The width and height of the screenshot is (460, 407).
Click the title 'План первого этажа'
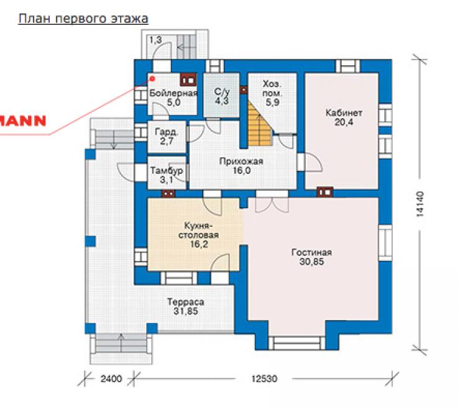83,19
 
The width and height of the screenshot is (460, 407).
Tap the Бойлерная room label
173,94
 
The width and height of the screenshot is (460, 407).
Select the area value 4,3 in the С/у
222,101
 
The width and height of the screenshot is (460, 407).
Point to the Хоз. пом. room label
272,89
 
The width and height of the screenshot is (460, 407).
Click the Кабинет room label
344,113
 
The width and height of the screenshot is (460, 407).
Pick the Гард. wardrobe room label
167,132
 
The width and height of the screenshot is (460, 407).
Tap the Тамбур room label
167,171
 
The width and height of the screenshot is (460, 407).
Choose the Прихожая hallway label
241,162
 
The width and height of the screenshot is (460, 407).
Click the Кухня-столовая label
199,231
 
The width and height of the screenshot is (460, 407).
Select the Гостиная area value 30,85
311,262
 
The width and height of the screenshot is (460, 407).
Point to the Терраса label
185,302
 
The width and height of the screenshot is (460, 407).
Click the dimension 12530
264,379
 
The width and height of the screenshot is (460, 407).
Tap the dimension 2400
111,379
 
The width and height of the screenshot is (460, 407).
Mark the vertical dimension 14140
420,204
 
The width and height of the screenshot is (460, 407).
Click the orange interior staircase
260,124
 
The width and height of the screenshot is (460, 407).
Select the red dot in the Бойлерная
152,78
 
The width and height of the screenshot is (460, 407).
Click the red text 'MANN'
23,121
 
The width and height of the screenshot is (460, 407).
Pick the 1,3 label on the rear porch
155,40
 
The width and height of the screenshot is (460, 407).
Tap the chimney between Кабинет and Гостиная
325,193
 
